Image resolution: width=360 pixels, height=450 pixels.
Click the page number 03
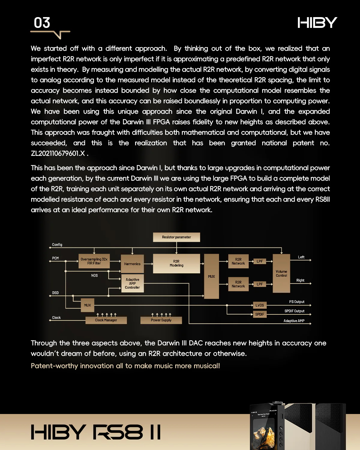42,23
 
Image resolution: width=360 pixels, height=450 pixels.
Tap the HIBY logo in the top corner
317,23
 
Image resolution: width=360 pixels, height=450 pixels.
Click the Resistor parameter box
176,237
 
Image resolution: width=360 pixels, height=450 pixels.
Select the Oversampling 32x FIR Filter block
94,261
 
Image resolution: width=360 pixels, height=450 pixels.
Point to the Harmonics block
132,264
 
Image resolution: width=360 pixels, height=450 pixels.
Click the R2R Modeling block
176,263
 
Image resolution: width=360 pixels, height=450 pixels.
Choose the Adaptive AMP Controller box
132,283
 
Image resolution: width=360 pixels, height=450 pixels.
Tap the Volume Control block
281,273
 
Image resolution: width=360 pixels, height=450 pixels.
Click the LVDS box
259,305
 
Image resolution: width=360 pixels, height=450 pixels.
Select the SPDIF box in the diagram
259,314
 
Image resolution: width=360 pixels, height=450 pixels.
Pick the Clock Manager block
106,320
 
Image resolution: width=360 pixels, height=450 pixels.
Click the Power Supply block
161,320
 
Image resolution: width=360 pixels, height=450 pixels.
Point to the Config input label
57,244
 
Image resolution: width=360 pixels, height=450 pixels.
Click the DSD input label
55,292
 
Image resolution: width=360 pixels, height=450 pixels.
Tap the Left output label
301,257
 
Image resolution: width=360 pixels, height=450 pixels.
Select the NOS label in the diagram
94,275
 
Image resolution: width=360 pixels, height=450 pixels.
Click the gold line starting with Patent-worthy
125,366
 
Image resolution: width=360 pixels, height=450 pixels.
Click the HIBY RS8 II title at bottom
96,432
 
